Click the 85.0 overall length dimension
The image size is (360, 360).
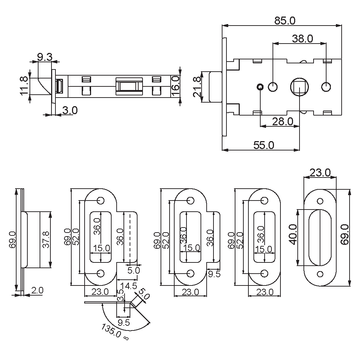pyautogui.click(x=284, y=21)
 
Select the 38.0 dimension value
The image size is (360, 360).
pyautogui.click(x=302, y=39)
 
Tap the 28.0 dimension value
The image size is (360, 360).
pyautogui.click(x=282, y=122)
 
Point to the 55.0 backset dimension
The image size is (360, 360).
pyautogui.click(x=264, y=145)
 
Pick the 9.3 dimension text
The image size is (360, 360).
pyautogui.click(x=45, y=57)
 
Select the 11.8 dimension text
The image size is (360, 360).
pyautogui.click(x=24, y=85)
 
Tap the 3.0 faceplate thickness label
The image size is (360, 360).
pyautogui.click(x=70, y=110)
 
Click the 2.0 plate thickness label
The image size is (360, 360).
pyautogui.click(x=37, y=290)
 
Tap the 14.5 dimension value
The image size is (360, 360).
pyautogui.click(x=129, y=286)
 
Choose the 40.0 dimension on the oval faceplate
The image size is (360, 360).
pyautogui.click(x=293, y=234)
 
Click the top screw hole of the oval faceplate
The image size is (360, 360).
pyautogui.click(x=320, y=201)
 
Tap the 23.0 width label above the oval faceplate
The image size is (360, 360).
pyautogui.click(x=320, y=173)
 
